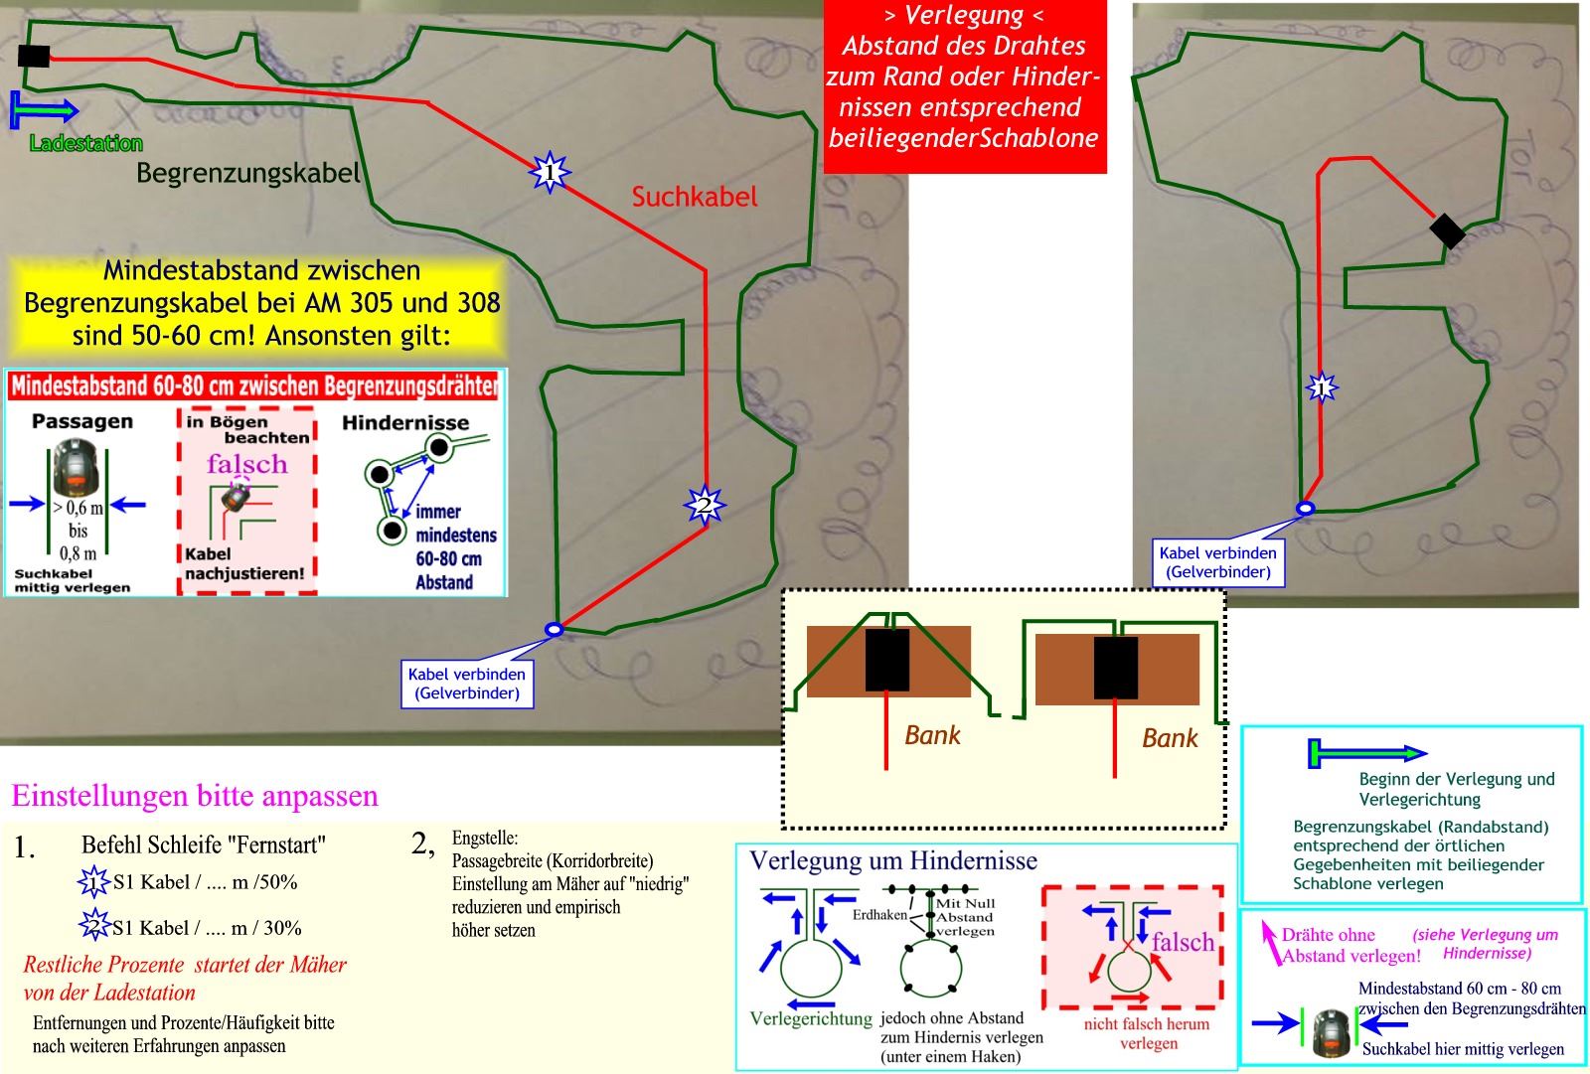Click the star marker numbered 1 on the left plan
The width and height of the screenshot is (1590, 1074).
(x=549, y=173)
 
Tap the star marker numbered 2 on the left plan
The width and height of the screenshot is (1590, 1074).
(x=705, y=506)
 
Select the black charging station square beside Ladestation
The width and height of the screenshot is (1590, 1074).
(x=34, y=56)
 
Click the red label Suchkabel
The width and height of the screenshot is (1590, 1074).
(x=694, y=197)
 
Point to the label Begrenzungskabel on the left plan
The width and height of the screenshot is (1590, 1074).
(x=248, y=173)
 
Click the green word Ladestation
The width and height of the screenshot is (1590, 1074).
(x=86, y=144)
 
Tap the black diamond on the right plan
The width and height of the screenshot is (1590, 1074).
(x=1447, y=231)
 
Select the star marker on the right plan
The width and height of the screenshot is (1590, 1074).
(x=1321, y=387)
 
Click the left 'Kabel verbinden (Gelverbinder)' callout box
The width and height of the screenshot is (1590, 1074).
(x=467, y=684)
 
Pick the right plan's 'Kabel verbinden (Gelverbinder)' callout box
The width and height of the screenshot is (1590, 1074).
(x=1218, y=562)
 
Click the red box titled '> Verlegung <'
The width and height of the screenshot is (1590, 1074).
(x=965, y=87)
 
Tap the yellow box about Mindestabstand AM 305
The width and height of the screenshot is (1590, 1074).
(x=261, y=303)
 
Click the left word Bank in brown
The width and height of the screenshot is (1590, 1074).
(x=932, y=735)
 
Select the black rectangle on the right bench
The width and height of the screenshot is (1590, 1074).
(x=1116, y=669)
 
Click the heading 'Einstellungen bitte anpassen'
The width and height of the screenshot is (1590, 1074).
(x=195, y=796)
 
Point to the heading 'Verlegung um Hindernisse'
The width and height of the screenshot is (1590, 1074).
(x=892, y=860)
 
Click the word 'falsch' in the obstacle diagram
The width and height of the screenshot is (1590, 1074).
(x=1183, y=941)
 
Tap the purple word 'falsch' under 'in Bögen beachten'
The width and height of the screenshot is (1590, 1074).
(x=246, y=464)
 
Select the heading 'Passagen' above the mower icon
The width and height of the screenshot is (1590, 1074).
(x=82, y=421)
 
